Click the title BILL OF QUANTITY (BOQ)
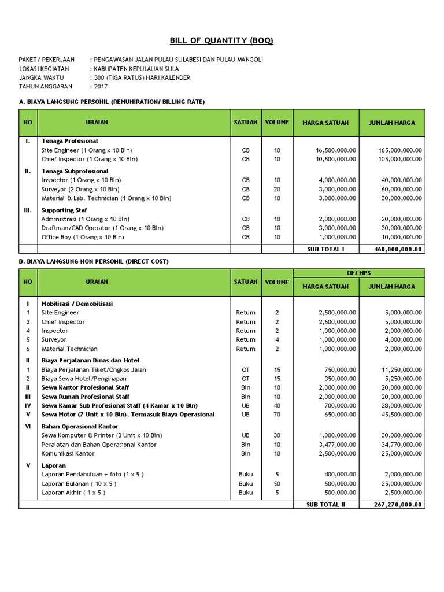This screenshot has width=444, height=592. click(x=221, y=40)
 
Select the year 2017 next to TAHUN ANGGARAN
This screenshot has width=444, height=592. click(x=102, y=86)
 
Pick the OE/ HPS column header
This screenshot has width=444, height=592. click(x=359, y=272)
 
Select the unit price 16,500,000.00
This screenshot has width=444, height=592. click(x=336, y=150)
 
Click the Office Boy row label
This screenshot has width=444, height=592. click(x=83, y=237)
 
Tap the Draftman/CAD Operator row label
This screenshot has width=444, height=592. click(x=101, y=228)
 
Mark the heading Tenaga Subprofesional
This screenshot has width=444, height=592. click(x=75, y=171)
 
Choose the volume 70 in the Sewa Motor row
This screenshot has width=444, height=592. click(x=277, y=415)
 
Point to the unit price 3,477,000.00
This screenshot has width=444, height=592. click(x=337, y=445)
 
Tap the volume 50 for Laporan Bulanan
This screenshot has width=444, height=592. click(x=277, y=483)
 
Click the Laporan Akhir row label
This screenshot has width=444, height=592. click(x=73, y=493)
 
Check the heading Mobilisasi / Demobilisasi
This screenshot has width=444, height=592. click(x=77, y=303)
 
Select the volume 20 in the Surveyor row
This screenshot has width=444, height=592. click(x=277, y=189)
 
